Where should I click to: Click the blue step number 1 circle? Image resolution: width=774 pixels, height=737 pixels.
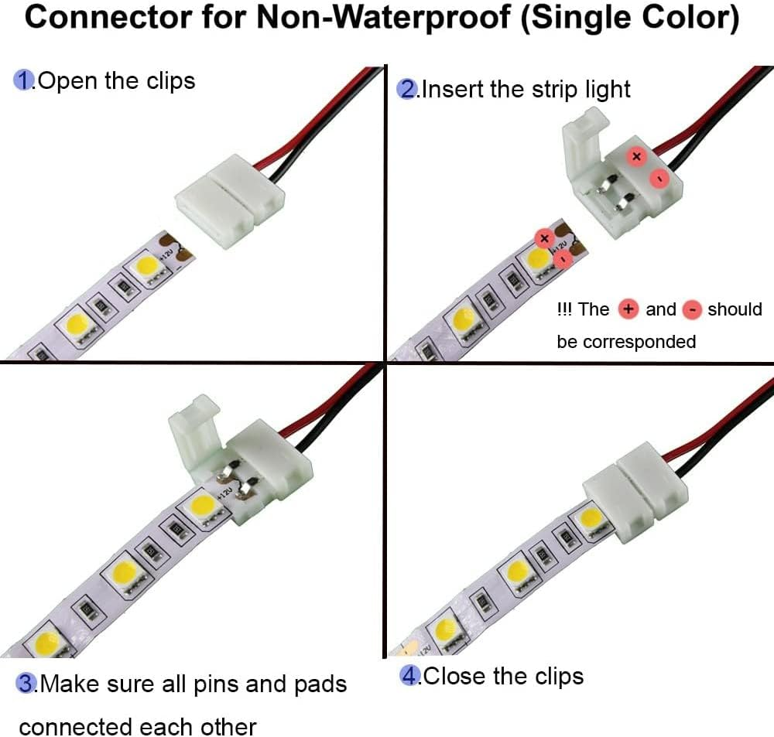click(x=25, y=80)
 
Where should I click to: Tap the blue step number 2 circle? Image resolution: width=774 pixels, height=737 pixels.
click(x=406, y=89)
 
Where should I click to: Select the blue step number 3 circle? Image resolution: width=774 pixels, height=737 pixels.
click(x=28, y=684)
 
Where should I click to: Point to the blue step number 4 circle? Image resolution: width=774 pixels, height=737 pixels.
click(x=409, y=677)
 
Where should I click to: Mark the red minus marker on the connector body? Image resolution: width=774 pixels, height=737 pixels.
click(x=658, y=179)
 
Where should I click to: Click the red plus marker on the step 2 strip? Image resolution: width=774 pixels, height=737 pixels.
click(x=543, y=237)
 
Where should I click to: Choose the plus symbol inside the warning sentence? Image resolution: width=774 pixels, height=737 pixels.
click(x=628, y=309)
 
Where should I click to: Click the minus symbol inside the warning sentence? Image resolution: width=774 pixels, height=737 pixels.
click(x=693, y=310)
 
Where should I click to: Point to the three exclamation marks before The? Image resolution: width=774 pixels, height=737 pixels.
click(x=564, y=309)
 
